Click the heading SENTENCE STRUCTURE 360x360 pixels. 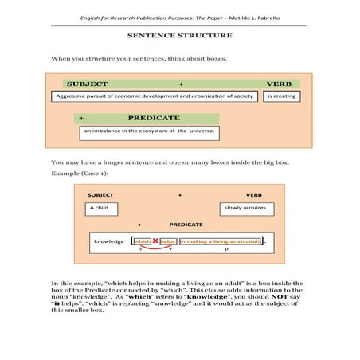tap(179, 36)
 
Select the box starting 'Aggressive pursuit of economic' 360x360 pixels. tap(155, 96)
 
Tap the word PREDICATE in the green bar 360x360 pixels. tap(154, 117)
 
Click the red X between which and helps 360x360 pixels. tap(155, 241)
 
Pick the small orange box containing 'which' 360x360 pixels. tap(143, 241)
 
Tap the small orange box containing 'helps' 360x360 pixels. tap(167, 241)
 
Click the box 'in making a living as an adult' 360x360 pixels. tap(221, 241)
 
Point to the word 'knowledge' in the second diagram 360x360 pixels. tap(109, 241)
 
